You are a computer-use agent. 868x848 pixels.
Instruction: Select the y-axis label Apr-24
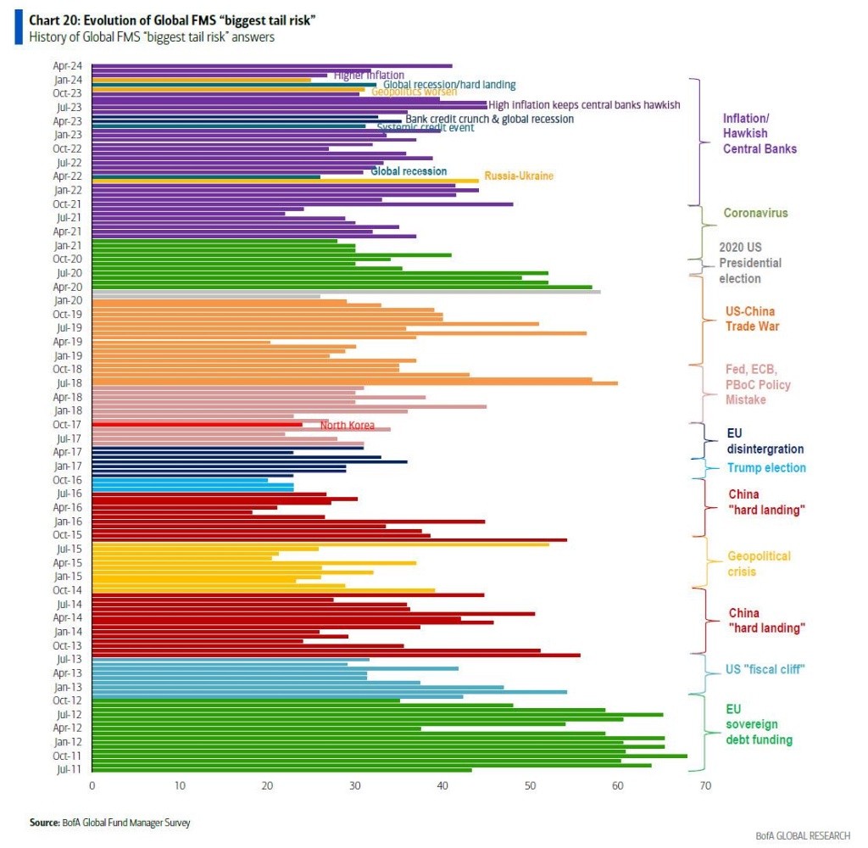tap(68, 66)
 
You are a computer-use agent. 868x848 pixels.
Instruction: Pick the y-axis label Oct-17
tap(68, 425)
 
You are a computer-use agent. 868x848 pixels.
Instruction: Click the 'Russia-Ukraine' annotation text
tap(519, 176)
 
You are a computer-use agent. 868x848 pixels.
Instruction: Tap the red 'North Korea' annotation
tap(348, 425)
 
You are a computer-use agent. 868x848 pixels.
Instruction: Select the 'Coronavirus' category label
tap(755, 213)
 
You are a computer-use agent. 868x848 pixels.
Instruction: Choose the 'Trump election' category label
tap(766, 468)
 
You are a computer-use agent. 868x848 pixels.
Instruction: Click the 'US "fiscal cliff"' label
tap(765, 669)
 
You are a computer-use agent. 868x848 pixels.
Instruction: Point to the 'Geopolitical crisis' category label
tap(759, 564)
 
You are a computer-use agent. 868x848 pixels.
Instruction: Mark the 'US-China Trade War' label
tap(751, 319)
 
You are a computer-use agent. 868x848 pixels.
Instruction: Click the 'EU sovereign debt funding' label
tap(759, 724)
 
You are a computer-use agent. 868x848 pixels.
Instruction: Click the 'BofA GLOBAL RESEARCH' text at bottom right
tap(802, 835)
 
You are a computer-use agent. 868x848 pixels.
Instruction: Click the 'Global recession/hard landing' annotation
tap(449, 85)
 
